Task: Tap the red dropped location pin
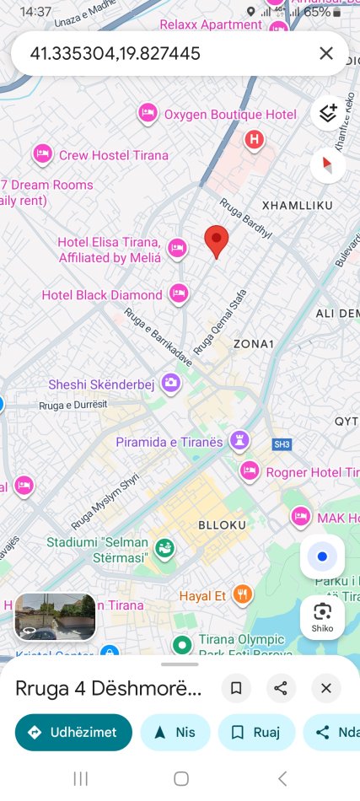point(217,241)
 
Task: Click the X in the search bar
point(326,54)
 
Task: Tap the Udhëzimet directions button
point(73,732)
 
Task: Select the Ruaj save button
point(256,732)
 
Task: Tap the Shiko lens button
point(322,616)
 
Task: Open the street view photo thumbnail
point(55,616)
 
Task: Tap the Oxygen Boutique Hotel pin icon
point(148,114)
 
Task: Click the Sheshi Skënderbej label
point(101,384)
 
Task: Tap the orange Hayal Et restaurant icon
point(243,595)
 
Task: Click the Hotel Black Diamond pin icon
point(178,294)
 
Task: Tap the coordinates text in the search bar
point(115,54)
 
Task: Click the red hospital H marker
point(254,139)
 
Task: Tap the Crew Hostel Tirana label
point(113,155)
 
